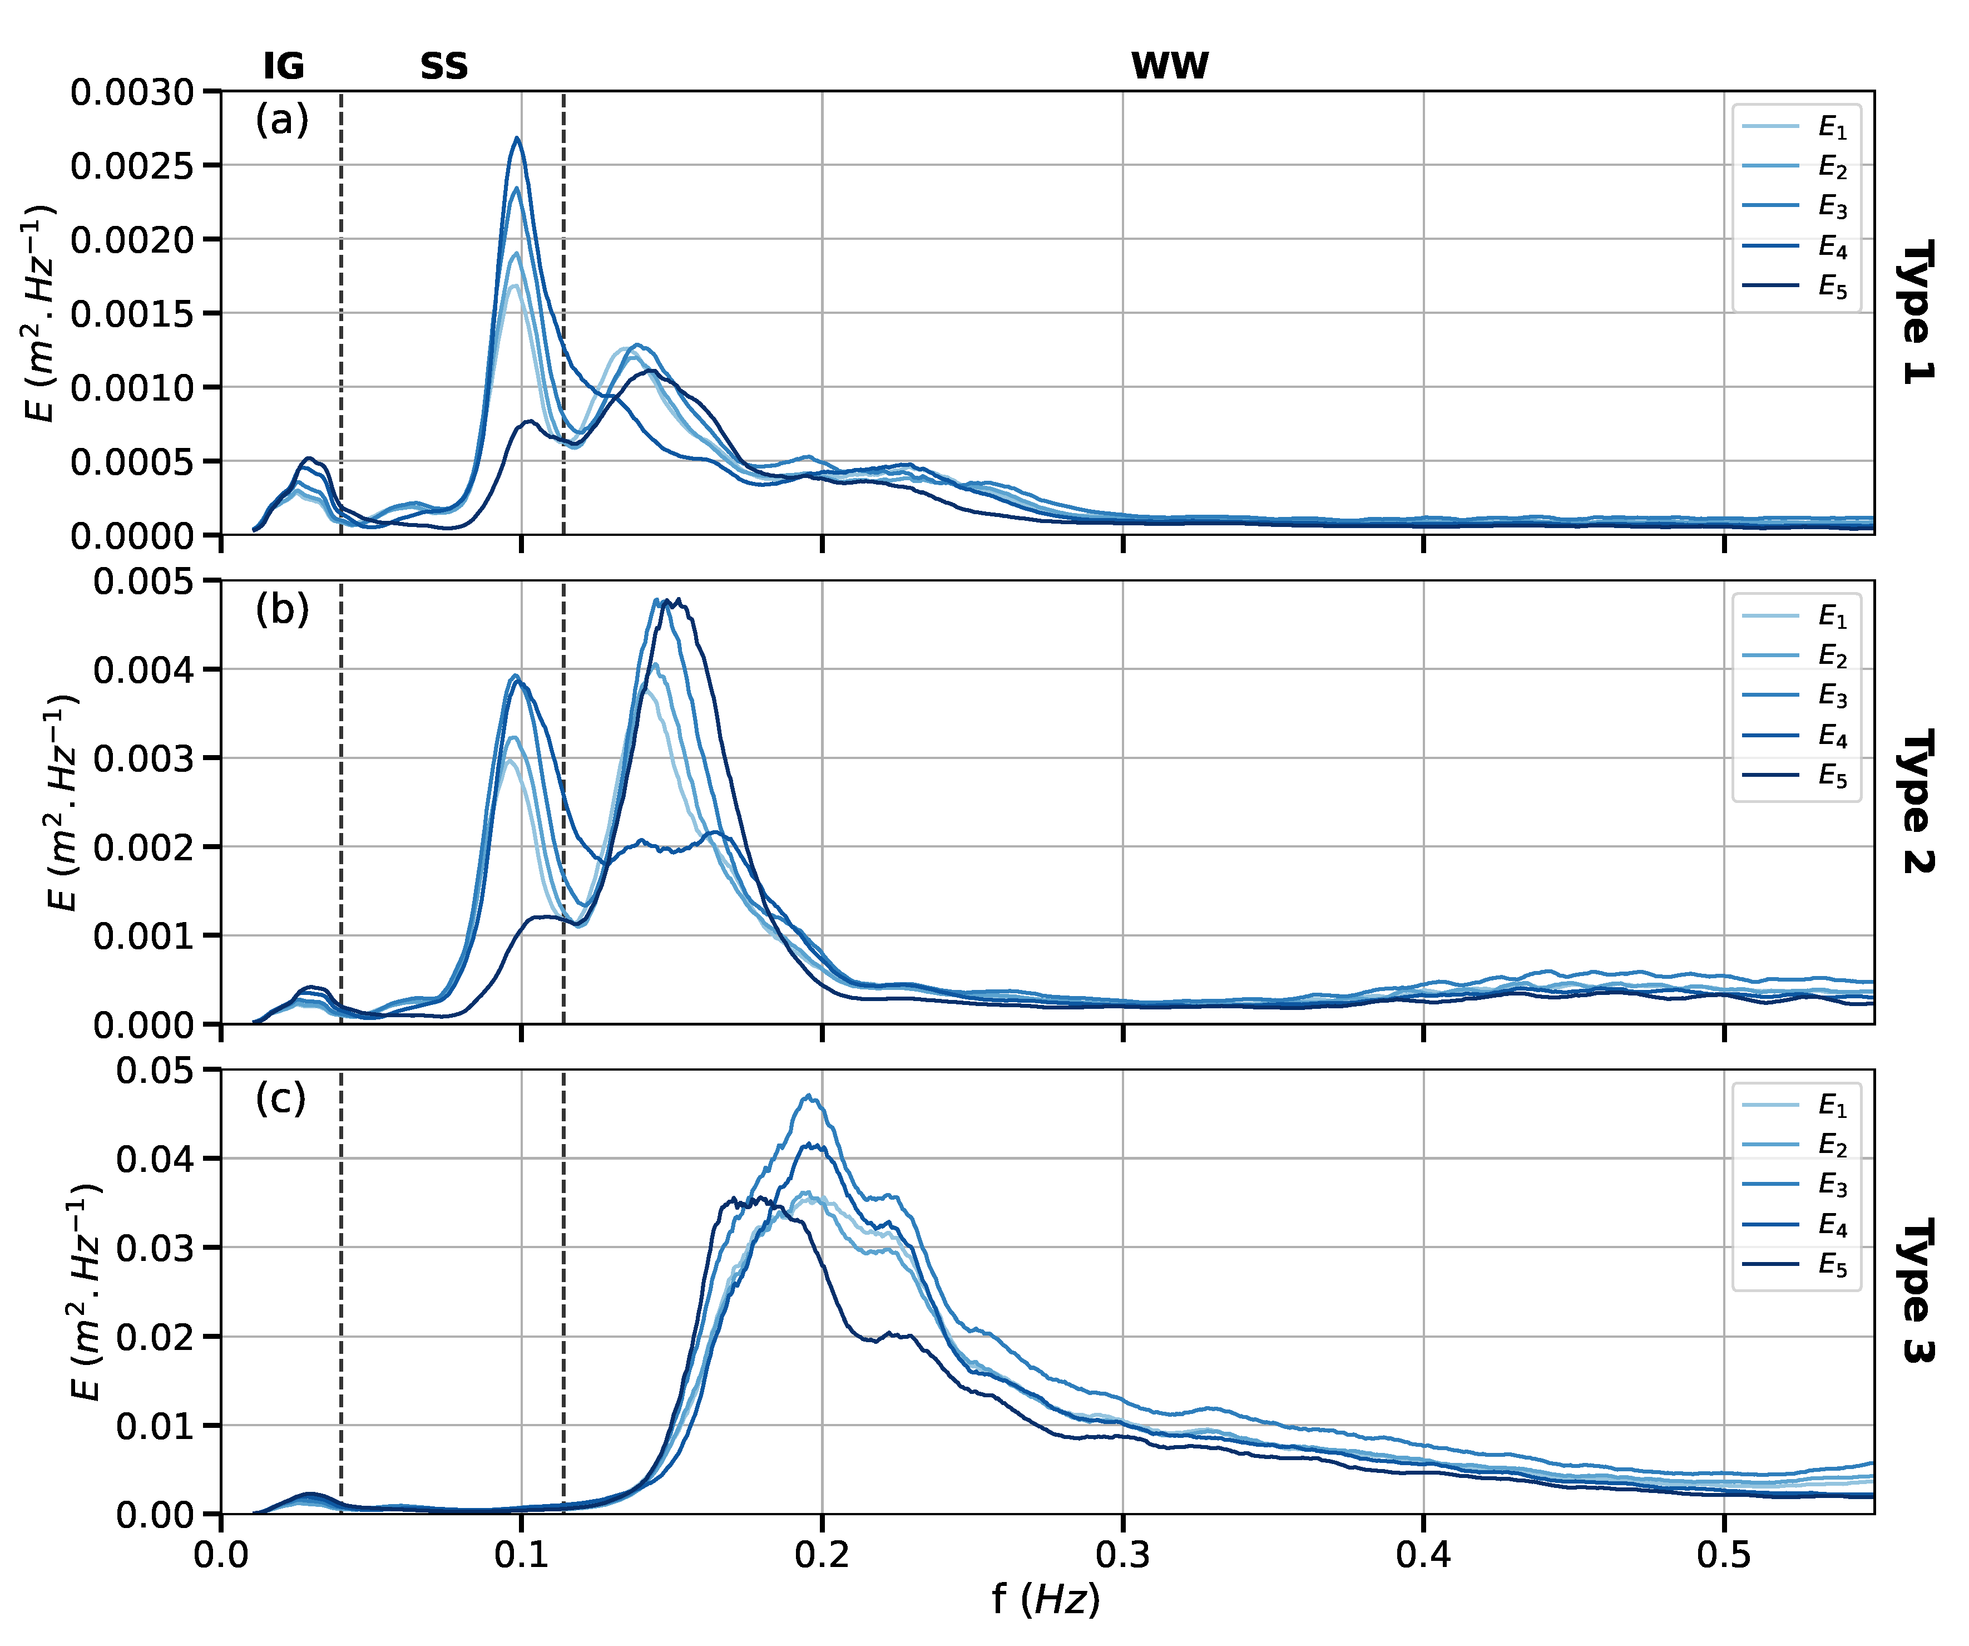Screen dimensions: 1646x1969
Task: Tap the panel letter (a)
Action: click(281, 121)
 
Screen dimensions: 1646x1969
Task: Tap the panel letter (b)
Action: click(281, 610)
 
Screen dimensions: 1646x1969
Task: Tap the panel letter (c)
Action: click(280, 1099)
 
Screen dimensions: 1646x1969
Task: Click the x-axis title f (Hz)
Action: click(1046, 1599)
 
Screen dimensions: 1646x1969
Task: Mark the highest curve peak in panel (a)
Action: click(517, 138)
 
